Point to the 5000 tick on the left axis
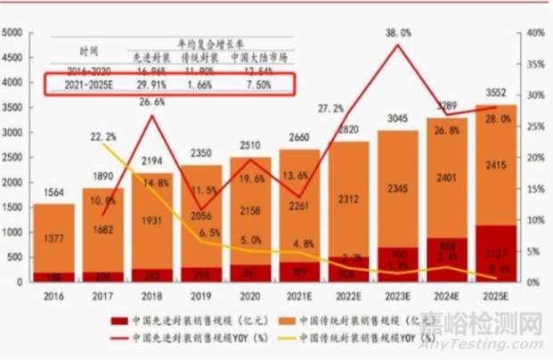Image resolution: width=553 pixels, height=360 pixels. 14,33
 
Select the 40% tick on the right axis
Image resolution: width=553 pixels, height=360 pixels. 531,33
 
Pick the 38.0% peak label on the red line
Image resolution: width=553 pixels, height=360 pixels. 398,33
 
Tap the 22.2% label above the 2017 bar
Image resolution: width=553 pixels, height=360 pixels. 104,135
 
